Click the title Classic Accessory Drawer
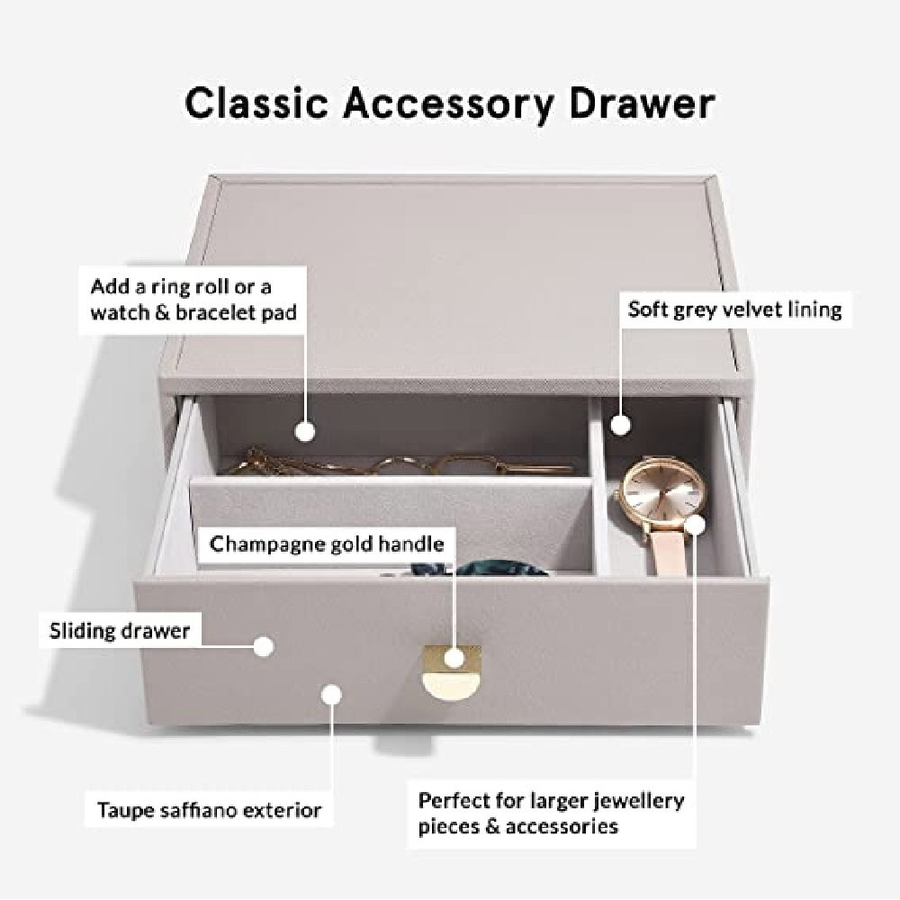tap(450, 103)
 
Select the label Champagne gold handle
tap(327, 544)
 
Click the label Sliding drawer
tap(120, 631)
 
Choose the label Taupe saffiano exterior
tap(209, 810)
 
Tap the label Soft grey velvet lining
tap(734, 310)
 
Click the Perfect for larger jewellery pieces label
tap(551, 814)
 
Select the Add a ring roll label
tap(193, 300)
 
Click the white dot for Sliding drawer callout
tap(264, 647)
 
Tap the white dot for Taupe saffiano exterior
tap(331, 695)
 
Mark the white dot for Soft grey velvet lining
tap(620, 425)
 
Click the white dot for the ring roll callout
tap(305, 431)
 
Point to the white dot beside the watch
tap(695, 524)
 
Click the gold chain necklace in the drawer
tap(396, 463)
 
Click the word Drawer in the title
tap(643, 103)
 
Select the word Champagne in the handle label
tap(264, 544)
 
